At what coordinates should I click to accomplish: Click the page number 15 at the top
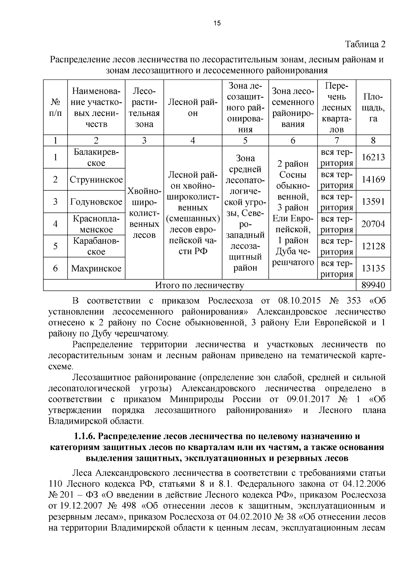coord(217,23)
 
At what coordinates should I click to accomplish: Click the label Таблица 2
coord(365,44)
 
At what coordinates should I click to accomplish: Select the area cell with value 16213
coord(373,157)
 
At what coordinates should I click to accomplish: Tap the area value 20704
coord(373,224)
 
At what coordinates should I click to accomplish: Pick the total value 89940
coord(373,285)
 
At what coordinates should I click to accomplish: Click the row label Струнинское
coord(96,179)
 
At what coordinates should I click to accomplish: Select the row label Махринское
coord(96,268)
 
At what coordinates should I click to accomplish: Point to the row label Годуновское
coord(96,202)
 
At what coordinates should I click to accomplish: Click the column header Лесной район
coord(193,108)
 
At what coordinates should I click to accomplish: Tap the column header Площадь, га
coord(373,108)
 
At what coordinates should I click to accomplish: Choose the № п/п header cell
coord(55,108)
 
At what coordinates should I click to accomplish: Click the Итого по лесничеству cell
coord(199,285)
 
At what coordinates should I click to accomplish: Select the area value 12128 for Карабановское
coord(373,246)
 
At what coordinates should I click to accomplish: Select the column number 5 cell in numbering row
coord(245,140)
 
